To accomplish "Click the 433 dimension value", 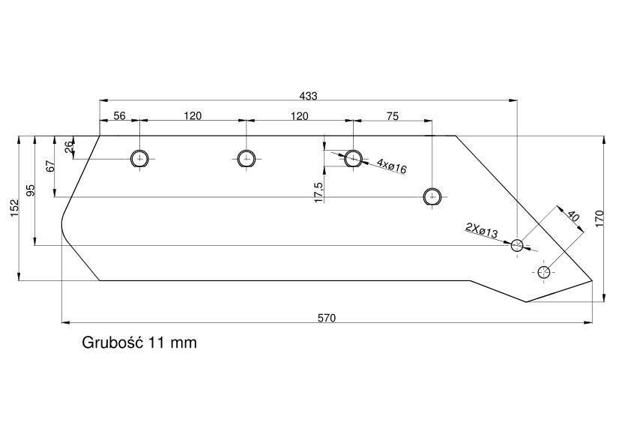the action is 308,96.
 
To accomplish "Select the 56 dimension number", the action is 119,116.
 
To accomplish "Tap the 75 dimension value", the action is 393,116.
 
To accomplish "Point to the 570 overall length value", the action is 326,318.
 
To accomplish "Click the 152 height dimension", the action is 15,208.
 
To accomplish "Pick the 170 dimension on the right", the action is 600,218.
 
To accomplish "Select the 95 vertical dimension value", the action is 31,190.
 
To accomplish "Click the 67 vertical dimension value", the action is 50,166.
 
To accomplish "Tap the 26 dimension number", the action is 69,146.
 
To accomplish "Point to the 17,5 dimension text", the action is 318,193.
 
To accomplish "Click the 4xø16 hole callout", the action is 391,166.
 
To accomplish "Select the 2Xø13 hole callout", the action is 482,230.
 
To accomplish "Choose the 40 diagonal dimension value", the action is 573,217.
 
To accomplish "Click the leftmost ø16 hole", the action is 139,159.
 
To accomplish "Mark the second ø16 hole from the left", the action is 246,158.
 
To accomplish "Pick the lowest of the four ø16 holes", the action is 432,197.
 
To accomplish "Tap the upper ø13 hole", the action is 517,245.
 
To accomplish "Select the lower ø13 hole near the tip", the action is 543,272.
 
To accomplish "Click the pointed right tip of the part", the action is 592,280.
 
